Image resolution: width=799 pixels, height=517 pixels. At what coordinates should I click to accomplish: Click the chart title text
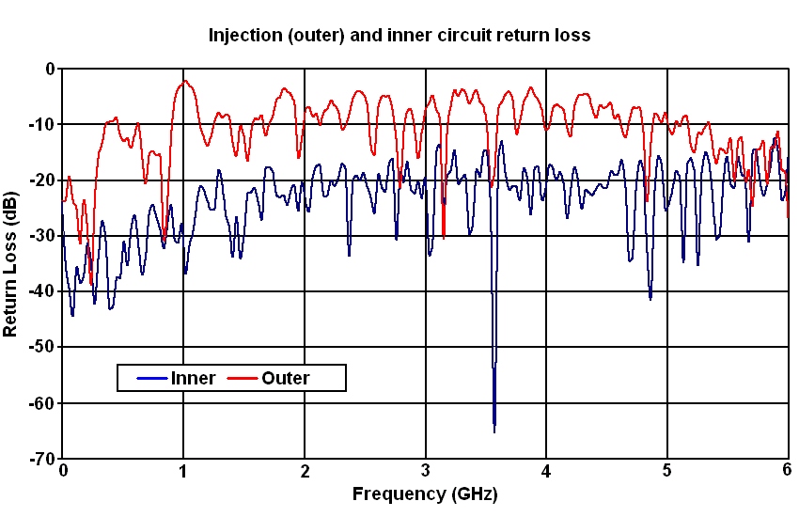399,36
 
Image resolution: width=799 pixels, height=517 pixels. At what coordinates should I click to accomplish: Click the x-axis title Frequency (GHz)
425,493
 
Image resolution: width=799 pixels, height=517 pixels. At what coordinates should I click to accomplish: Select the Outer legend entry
285,379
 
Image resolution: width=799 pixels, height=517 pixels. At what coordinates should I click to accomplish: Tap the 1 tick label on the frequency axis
183,470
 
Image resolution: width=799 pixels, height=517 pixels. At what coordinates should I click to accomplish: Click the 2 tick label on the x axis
305,470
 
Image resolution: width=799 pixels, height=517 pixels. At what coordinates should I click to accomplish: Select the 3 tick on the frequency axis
426,470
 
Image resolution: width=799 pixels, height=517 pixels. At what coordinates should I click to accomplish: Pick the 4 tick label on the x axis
546,470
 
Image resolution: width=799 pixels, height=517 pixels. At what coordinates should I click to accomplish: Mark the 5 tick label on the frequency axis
667,470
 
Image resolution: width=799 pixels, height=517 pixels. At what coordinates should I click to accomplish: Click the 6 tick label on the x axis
788,470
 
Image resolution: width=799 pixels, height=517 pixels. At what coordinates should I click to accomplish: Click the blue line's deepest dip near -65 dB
494,429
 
